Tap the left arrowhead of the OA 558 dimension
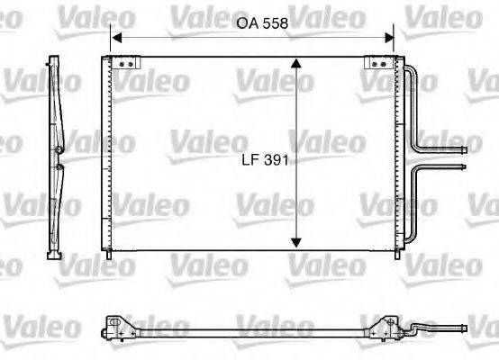[x=114, y=38]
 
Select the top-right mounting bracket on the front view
[x=375, y=64]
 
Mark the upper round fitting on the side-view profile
[x=59, y=149]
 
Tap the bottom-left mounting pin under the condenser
[x=109, y=256]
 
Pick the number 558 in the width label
[x=275, y=24]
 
